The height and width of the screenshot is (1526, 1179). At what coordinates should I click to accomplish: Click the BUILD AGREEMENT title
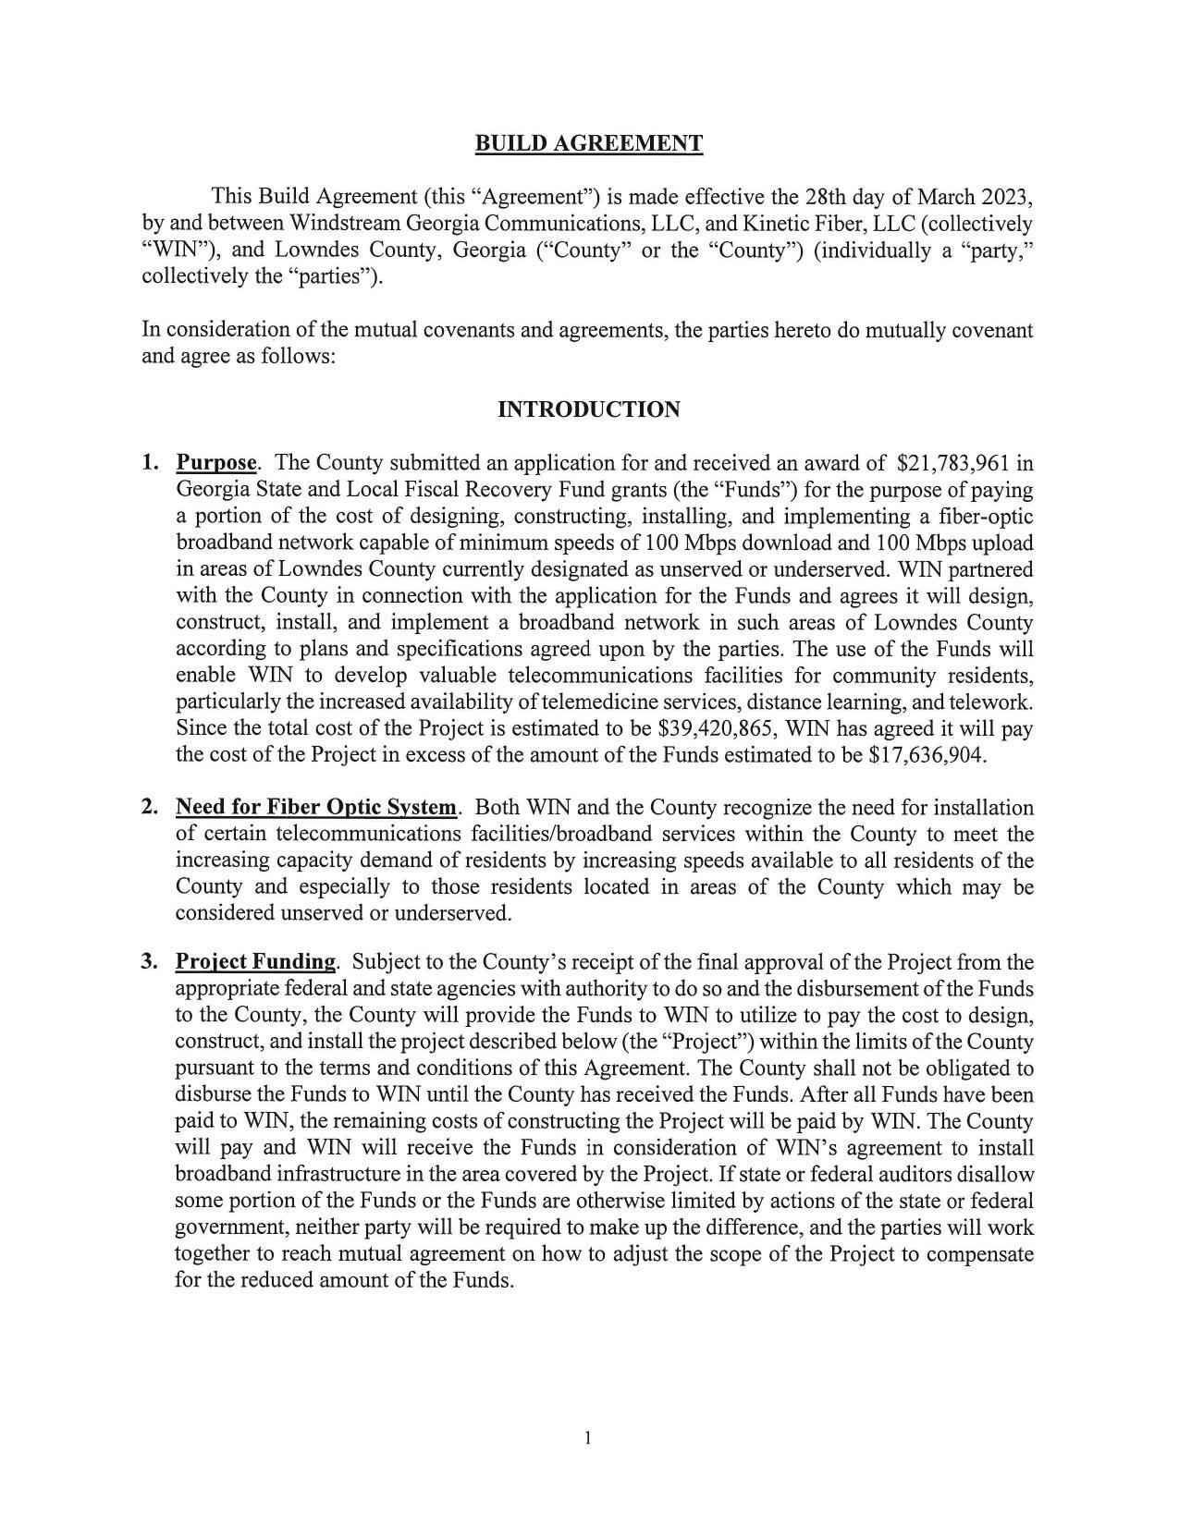click(588, 143)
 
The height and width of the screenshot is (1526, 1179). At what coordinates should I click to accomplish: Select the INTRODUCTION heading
click(588, 409)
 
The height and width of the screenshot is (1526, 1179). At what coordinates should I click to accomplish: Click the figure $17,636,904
click(927, 755)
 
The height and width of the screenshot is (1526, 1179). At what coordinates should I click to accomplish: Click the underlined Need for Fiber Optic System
click(316, 808)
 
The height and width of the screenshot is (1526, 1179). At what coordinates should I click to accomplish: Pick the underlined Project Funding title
click(255, 962)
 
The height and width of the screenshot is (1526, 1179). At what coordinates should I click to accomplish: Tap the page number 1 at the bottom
click(587, 1437)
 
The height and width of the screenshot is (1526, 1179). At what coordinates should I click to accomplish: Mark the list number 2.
click(149, 808)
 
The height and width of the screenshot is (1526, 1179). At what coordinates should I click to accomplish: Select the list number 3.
click(149, 962)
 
